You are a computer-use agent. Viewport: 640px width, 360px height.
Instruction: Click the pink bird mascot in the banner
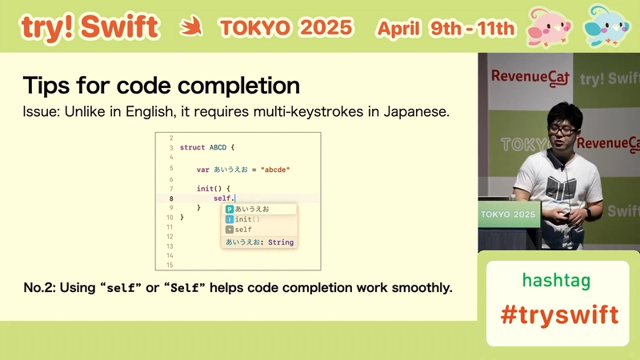point(549,27)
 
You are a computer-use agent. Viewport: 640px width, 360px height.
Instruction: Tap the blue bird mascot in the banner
point(606,26)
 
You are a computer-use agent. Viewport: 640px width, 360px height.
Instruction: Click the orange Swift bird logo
point(191,26)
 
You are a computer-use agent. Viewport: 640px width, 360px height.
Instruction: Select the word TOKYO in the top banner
point(254,28)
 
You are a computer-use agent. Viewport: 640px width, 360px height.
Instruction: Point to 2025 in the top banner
point(326,28)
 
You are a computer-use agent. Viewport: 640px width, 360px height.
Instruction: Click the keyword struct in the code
point(192,147)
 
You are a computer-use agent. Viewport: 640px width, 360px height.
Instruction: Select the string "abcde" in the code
point(275,170)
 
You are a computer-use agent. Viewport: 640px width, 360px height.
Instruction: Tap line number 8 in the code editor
point(171,198)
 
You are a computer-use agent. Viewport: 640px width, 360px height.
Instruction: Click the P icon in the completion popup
point(230,209)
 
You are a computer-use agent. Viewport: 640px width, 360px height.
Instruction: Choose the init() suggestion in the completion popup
point(247,219)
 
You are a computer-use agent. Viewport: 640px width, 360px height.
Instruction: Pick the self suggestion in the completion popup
point(243,230)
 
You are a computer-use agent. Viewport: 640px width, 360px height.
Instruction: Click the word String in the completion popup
point(281,242)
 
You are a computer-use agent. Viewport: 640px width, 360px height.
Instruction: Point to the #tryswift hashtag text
point(559,314)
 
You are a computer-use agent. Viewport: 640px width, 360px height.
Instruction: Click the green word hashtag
point(556,281)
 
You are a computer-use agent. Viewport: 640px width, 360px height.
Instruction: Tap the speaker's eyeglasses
point(562,130)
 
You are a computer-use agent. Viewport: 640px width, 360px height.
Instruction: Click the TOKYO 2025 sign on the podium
point(508,214)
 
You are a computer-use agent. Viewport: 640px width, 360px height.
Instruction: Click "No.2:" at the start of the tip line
point(39,288)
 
